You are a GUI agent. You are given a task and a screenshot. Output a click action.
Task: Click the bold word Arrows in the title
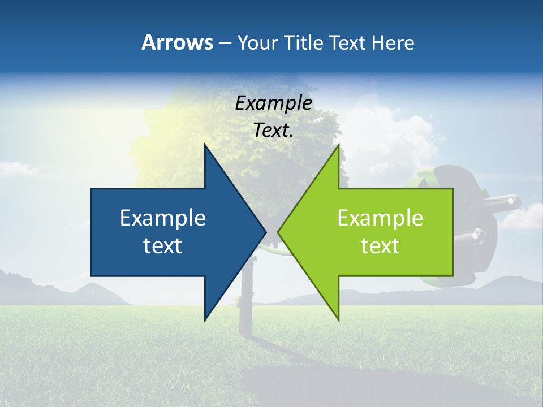point(178,42)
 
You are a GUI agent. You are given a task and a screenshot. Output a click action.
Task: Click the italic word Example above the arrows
point(274,103)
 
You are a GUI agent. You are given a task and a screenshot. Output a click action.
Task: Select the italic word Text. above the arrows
point(274,131)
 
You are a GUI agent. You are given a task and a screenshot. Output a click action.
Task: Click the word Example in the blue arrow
point(163,218)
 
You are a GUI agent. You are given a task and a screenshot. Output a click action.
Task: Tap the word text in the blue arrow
point(163,245)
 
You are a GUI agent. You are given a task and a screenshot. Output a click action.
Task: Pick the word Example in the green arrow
point(380,218)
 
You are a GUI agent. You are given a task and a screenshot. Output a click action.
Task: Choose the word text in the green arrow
point(380,245)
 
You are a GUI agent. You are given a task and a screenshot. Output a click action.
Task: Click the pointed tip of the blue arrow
point(265,232)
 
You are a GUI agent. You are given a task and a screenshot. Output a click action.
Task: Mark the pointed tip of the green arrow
point(278,232)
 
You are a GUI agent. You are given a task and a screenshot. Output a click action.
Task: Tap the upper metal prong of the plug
point(507,201)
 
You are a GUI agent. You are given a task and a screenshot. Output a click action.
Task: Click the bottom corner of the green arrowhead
point(338,319)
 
